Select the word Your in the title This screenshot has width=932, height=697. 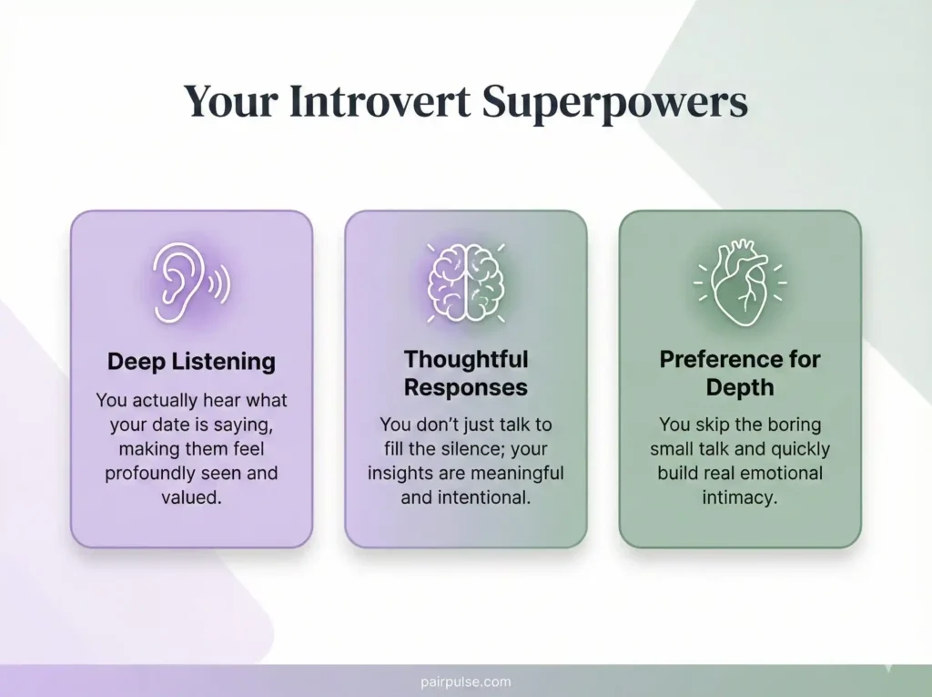click(228, 102)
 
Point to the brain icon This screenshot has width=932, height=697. click(465, 282)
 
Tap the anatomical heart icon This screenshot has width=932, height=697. click(739, 282)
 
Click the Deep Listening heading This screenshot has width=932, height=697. click(191, 361)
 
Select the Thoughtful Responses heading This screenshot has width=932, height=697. click(465, 373)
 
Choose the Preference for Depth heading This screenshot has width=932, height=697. click(739, 373)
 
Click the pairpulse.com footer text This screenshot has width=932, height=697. click(465, 682)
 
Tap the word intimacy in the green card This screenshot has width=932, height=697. click(739, 497)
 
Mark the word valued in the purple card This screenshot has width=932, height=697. click(191, 497)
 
